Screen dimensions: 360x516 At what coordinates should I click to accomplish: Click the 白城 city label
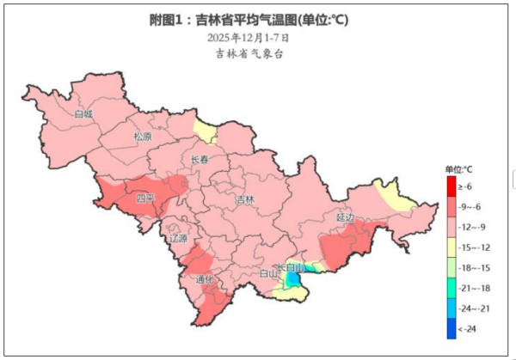(x=83, y=113)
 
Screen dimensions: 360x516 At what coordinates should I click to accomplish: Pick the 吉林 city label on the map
(x=245, y=199)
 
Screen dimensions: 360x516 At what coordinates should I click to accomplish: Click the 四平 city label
(x=145, y=199)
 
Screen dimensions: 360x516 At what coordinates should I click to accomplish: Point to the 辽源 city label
(x=178, y=238)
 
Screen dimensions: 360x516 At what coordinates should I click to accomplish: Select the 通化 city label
(x=205, y=279)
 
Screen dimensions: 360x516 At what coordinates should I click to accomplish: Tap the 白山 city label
(x=268, y=274)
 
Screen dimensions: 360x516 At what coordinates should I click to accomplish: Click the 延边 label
(x=345, y=218)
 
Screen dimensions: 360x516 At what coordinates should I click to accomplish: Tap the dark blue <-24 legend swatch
(x=451, y=327)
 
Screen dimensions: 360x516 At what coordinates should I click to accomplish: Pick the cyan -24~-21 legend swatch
(x=451, y=308)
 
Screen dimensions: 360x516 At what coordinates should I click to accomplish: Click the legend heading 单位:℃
(x=458, y=168)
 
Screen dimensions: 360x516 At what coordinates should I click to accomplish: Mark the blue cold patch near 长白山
(x=293, y=279)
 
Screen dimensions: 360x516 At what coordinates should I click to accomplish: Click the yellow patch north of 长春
(x=205, y=131)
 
